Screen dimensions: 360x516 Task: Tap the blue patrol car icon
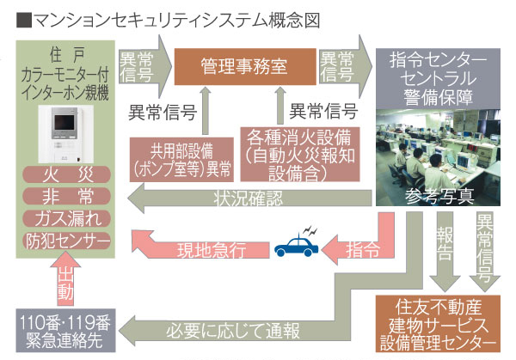click(x=295, y=246)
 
